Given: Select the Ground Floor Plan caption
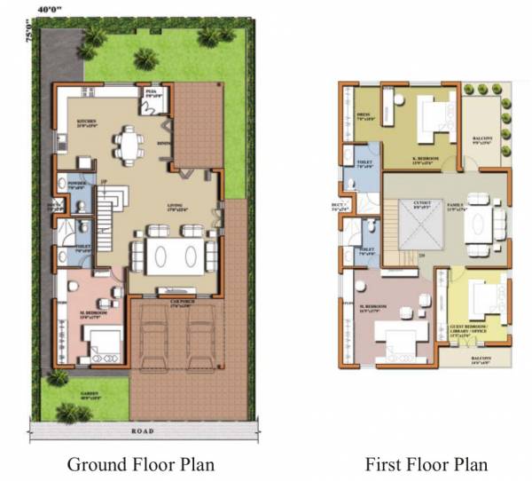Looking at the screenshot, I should tap(141, 463).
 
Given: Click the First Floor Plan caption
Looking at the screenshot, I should tap(426, 463).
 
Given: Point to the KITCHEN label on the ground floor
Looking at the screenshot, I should tap(86, 122).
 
